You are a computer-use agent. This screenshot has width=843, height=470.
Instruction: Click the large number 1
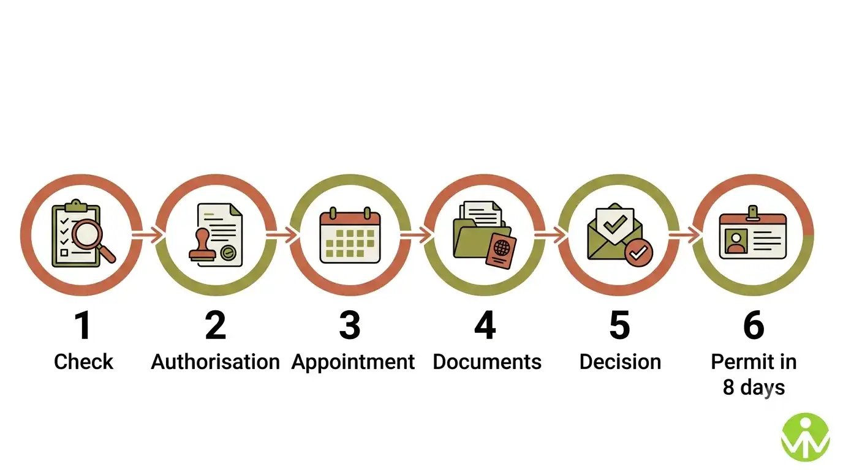click(83, 325)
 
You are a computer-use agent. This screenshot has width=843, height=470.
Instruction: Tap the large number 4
click(485, 325)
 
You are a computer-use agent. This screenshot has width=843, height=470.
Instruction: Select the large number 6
click(754, 325)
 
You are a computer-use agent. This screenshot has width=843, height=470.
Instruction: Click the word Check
click(83, 362)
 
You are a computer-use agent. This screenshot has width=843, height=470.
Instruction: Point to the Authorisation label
click(215, 362)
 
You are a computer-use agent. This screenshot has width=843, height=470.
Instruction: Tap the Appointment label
click(353, 362)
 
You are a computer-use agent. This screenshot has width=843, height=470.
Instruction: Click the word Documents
click(487, 362)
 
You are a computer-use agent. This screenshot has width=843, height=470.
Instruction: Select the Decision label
click(620, 362)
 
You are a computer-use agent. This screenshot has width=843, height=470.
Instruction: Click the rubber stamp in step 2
click(203, 245)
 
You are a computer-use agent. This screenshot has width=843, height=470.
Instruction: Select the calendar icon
click(350, 234)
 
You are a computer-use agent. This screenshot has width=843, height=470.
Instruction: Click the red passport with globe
click(501, 251)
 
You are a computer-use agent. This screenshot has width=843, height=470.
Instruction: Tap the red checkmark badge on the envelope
click(638, 253)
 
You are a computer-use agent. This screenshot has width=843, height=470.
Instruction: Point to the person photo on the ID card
click(736, 242)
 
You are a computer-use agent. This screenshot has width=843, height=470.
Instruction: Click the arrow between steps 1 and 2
click(148, 235)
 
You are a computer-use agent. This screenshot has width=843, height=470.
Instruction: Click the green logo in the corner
click(806, 438)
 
